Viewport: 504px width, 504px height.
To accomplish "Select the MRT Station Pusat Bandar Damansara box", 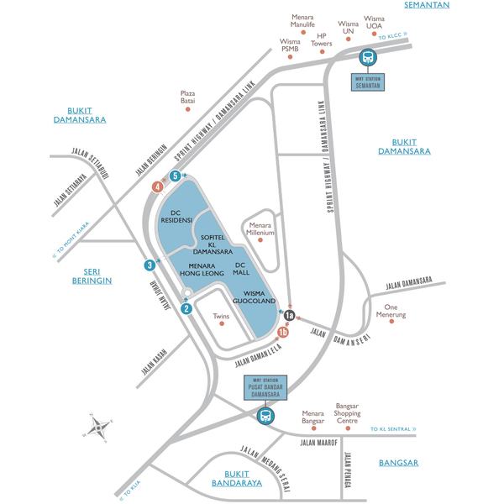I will [x=265, y=391].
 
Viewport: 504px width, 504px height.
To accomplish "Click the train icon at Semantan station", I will [x=368, y=57].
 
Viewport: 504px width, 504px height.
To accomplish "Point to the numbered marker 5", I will [x=175, y=176].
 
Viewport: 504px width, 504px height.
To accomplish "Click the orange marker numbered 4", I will [x=156, y=186].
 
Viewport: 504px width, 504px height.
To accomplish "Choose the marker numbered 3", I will [x=149, y=265].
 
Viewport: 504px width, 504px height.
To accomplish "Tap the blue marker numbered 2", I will [x=186, y=308].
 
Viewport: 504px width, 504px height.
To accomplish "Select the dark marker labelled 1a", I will [x=289, y=316].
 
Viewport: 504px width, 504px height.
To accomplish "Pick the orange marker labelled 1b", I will [x=283, y=333].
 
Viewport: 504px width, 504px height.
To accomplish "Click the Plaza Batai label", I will [x=186, y=97].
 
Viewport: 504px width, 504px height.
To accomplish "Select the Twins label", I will [x=221, y=317].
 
